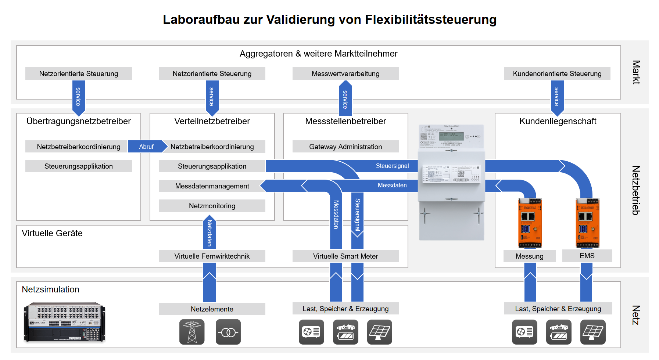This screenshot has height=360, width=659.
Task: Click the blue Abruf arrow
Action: [146, 147]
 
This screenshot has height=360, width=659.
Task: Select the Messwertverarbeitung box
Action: [345, 73]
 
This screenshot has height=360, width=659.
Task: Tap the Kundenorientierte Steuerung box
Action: [557, 73]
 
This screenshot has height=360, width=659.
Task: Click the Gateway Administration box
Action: [345, 147]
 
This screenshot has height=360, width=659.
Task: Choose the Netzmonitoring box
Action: [212, 206]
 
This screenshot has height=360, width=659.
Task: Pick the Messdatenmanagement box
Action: [212, 186]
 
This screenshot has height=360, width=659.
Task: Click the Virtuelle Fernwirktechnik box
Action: [212, 256]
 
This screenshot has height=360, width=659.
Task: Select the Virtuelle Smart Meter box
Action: [345, 256]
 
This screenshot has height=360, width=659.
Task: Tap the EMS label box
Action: [587, 256]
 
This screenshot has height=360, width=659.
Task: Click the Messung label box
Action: [529, 256]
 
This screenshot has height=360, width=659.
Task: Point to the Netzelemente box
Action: [212, 309]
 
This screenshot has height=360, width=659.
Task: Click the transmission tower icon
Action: [192, 332]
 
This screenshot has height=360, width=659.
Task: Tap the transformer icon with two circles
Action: [228, 332]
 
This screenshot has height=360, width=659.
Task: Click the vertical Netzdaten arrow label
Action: [209, 233]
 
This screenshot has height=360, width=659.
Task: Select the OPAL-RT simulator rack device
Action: [65, 322]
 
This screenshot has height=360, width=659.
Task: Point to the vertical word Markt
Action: [636, 72]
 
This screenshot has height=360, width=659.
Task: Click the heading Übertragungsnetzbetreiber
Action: [79, 121]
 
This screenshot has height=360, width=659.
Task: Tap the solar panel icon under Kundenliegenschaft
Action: [592, 332]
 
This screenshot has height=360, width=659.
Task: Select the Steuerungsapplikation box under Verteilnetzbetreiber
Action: [212, 166]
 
